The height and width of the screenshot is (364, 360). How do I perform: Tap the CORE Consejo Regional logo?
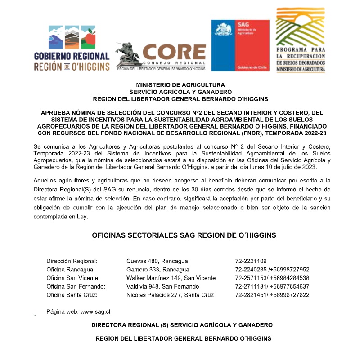coord(161,56)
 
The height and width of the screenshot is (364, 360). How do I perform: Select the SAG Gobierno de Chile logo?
coord(240,45)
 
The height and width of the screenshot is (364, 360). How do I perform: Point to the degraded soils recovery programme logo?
coord(300,40)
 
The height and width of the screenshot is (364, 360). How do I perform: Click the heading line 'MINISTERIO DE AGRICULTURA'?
coord(180,85)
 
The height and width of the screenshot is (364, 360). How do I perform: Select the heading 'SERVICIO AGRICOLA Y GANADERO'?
coord(180,92)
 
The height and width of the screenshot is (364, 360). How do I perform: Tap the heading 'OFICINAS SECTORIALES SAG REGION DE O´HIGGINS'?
coord(184,235)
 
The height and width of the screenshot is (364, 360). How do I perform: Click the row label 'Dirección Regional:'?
coord(72,261)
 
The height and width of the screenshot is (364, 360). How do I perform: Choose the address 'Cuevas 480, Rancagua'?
coord(157,261)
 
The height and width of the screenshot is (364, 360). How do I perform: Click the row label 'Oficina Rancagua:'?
coord(71,270)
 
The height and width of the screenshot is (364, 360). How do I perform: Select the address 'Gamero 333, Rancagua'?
coord(158,270)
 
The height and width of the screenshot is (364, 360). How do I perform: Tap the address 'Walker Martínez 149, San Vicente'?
coord(171,278)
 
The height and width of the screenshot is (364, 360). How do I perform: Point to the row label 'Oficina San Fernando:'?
coord(76,287)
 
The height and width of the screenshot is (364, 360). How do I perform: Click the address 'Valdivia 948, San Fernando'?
coord(162,287)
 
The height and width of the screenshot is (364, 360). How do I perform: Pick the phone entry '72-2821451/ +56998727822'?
coord(272,295)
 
